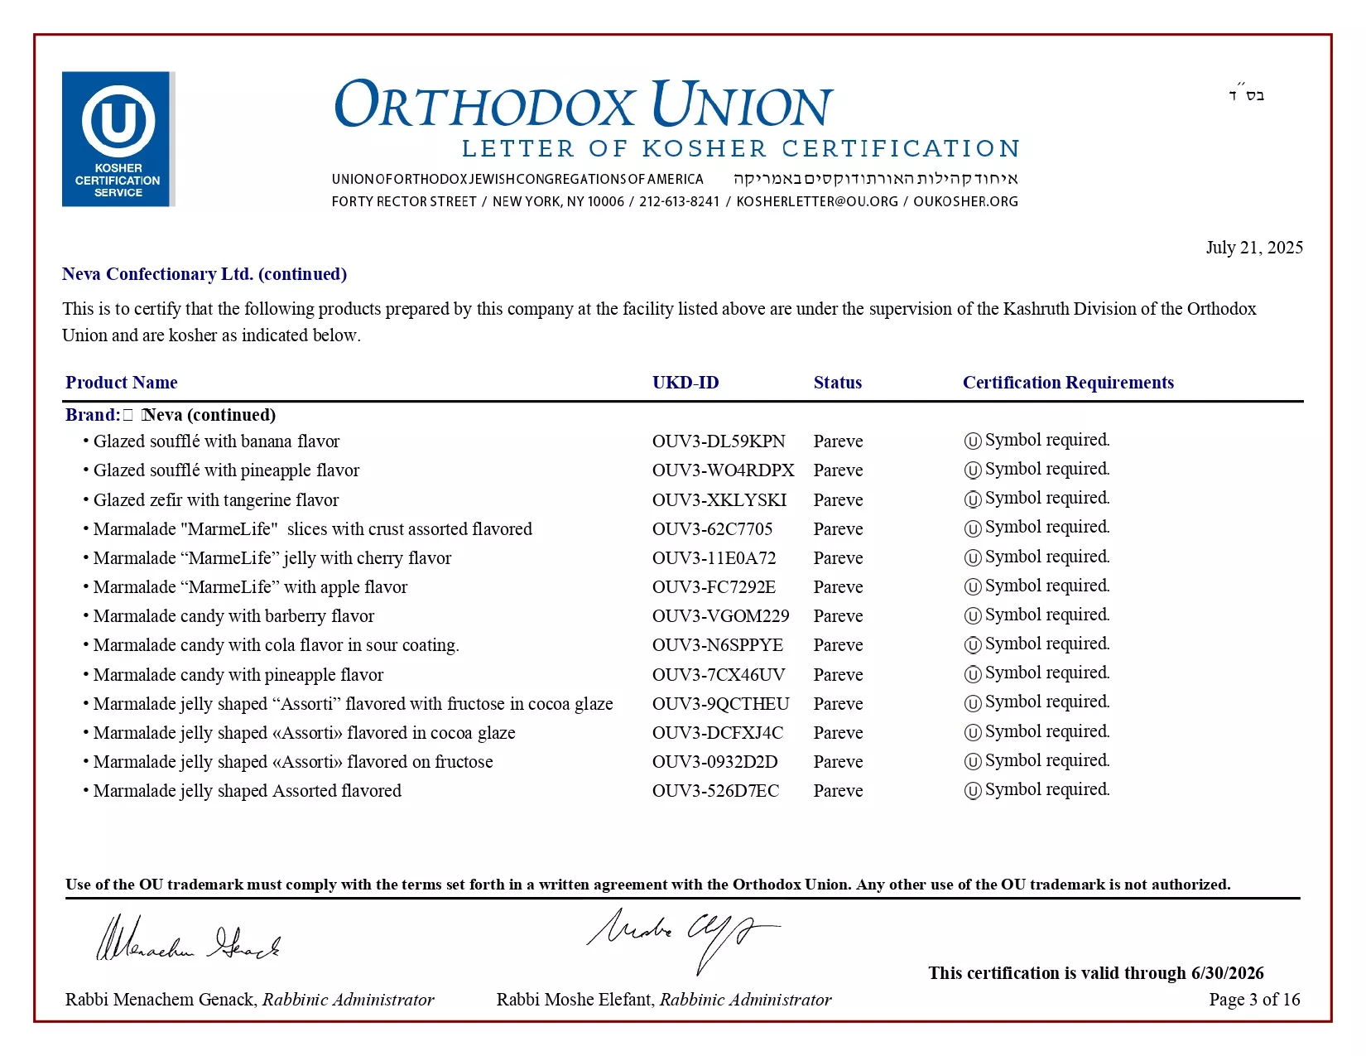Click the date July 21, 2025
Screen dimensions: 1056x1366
(1253, 248)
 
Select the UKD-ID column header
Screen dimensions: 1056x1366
(685, 383)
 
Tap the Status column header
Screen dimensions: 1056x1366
(837, 383)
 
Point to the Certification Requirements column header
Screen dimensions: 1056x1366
(1067, 383)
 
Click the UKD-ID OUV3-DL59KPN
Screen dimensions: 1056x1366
(718, 441)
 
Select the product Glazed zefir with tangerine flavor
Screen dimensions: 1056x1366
(215, 500)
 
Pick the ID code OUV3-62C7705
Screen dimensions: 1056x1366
(712, 529)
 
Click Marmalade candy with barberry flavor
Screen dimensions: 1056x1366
(233, 616)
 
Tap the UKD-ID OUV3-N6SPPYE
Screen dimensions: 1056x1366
(717, 645)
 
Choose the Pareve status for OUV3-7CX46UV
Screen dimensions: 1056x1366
(838, 675)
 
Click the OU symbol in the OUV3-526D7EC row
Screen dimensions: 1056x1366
(973, 791)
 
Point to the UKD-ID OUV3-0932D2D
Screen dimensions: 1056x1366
(714, 762)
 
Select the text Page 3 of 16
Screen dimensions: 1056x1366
(1253, 1000)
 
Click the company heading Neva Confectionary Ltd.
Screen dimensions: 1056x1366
(157, 274)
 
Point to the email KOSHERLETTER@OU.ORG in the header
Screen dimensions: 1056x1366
(816, 201)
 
